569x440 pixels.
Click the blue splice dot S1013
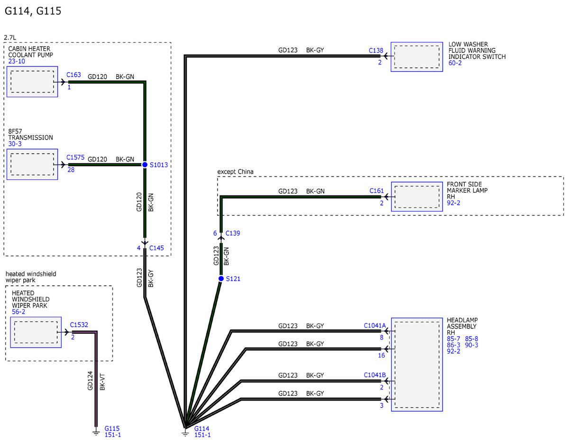pos(145,165)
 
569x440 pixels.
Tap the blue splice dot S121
pos(221,279)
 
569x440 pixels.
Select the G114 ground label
pos(202,429)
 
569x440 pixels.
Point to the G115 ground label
pos(112,429)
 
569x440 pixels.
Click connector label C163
pos(73,75)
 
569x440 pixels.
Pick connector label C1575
pos(75,157)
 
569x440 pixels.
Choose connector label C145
pos(156,248)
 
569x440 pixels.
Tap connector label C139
pos(233,233)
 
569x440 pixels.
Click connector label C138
pos(376,50)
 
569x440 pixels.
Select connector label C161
pos(376,191)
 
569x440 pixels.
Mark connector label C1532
pos(79,325)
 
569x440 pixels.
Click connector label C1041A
pos(375,326)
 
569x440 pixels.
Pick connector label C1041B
pos(375,375)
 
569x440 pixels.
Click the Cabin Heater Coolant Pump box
pos(32,82)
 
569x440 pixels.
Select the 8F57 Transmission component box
pos(32,164)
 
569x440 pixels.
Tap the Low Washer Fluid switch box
pos(417,57)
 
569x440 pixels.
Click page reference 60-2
pos(455,63)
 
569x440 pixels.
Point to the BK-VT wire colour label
pos(102,382)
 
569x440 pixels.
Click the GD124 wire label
pos(90,381)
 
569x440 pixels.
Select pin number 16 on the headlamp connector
pos(382,356)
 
